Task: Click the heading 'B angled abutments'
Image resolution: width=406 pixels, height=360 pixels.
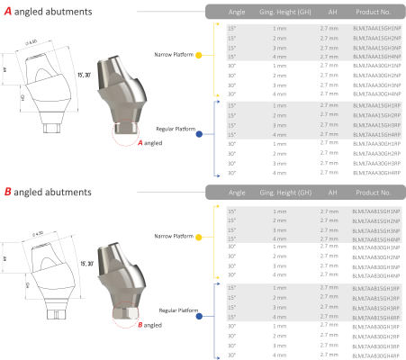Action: [x=47, y=193]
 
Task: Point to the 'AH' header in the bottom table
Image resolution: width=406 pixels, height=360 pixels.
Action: [x=332, y=193]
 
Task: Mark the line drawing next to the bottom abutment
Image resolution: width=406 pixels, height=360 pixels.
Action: [x=38, y=267]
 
